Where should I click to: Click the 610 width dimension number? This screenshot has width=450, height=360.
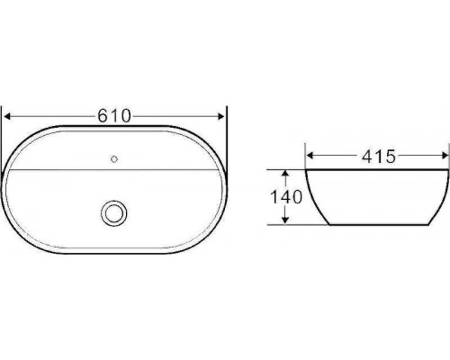pyautogui.click(x=114, y=115)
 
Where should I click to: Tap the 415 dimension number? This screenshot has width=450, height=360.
pyautogui.click(x=379, y=157)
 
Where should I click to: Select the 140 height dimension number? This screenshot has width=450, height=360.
pyautogui.click(x=286, y=197)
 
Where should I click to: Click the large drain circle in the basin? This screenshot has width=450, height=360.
pyautogui.click(x=113, y=213)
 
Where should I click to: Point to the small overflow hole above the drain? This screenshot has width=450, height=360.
pyautogui.click(x=114, y=159)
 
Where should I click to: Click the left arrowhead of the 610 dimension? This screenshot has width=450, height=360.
pyautogui.click(x=6, y=116)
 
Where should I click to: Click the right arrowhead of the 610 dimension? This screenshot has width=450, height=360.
pyautogui.click(x=221, y=116)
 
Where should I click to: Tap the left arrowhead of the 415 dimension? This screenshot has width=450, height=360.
pyautogui.click(x=310, y=156)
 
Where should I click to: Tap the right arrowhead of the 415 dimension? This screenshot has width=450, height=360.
pyautogui.click(x=445, y=156)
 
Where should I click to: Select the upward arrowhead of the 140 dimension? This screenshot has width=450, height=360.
pyautogui.click(x=285, y=174)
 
